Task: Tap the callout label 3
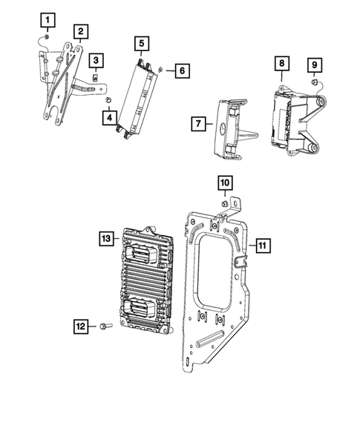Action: click(x=96, y=59)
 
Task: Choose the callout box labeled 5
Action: click(x=141, y=43)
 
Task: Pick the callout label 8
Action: click(x=281, y=64)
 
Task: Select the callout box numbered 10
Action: click(x=225, y=182)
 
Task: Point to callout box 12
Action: click(x=82, y=324)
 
